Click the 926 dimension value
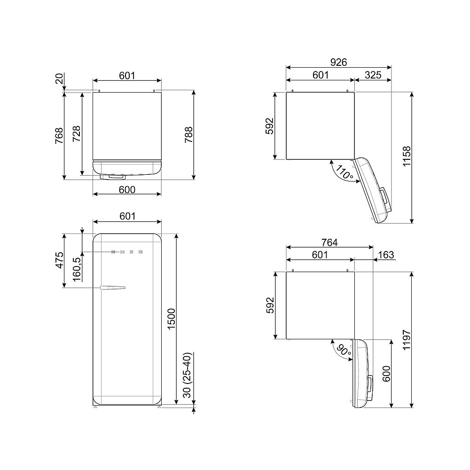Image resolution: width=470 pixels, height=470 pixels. pyautogui.click(x=338, y=62)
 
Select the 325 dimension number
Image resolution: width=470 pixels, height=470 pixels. pyautogui.click(x=373, y=75)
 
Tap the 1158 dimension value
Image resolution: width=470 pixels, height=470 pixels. pyautogui.click(x=407, y=157)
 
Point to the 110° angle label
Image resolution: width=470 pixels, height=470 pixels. pyautogui.click(x=344, y=172)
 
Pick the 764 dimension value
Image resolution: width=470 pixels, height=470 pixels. pyautogui.click(x=329, y=242)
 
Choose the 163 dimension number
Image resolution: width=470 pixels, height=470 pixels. pyautogui.click(x=386, y=255)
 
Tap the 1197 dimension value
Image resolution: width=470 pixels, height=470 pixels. pyautogui.click(x=407, y=340)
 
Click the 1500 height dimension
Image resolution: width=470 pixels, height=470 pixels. pyautogui.click(x=171, y=319)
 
